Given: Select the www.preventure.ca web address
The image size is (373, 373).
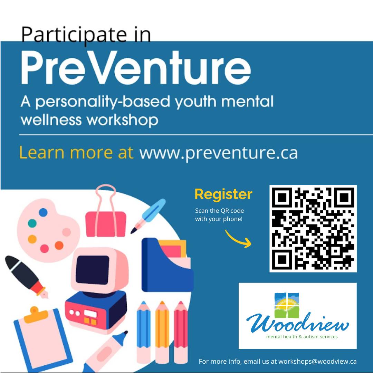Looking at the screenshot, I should pos(218,153).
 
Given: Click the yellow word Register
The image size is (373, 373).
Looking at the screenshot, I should pos(223,194).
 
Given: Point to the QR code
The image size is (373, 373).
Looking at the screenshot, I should pos(313,228).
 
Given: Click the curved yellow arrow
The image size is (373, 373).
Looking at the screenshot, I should pos(238,238).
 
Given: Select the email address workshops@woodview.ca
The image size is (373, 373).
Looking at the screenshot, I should pos(317,362).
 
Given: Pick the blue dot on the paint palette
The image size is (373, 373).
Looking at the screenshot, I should pos(43,212).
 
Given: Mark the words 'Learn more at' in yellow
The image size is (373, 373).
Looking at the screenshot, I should pos(76,153).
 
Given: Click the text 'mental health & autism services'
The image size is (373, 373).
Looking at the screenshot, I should pos(302,336).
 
